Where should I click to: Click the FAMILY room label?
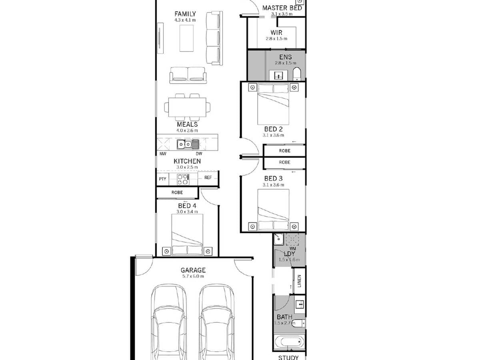click(x=185, y=14)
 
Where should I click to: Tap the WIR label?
click(x=276, y=32)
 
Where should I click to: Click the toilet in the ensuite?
click(x=297, y=74)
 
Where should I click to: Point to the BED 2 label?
click(x=273, y=129)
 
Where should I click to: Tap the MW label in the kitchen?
click(x=163, y=154)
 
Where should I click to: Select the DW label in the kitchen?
click(x=199, y=154)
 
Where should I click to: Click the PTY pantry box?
click(x=162, y=179)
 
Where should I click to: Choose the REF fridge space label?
click(x=208, y=178)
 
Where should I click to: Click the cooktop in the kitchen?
click(x=183, y=179)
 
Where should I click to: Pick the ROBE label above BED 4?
click(x=177, y=192)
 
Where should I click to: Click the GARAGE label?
click(x=193, y=270)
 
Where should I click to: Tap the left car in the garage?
click(x=169, y=324)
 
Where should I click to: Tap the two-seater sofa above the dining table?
click(x=187, y=75)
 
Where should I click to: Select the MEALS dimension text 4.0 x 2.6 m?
click(x=187, y=130)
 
